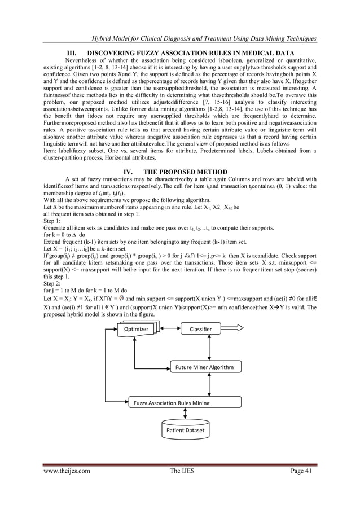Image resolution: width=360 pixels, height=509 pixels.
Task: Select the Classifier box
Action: click(x=200, y=329)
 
